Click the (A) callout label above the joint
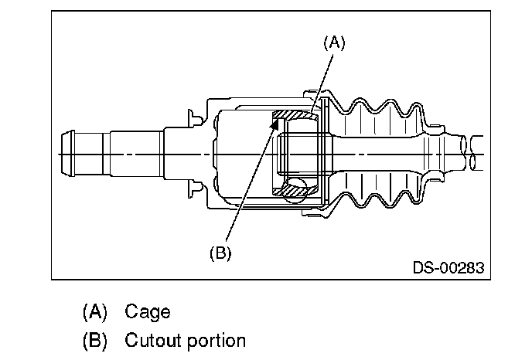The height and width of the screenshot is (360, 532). point(334,43)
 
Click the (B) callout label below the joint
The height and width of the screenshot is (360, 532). point(220,253)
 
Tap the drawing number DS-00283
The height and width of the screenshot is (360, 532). point(448,267)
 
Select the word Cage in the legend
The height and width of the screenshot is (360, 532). point(147,312)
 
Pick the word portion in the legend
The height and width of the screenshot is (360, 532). point(217,341)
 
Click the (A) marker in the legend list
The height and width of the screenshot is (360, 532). point(95,312)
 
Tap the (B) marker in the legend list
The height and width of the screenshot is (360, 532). point(95,341)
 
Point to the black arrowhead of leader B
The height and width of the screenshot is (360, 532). point(275,124)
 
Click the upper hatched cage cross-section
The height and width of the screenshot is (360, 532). point(295,115)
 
